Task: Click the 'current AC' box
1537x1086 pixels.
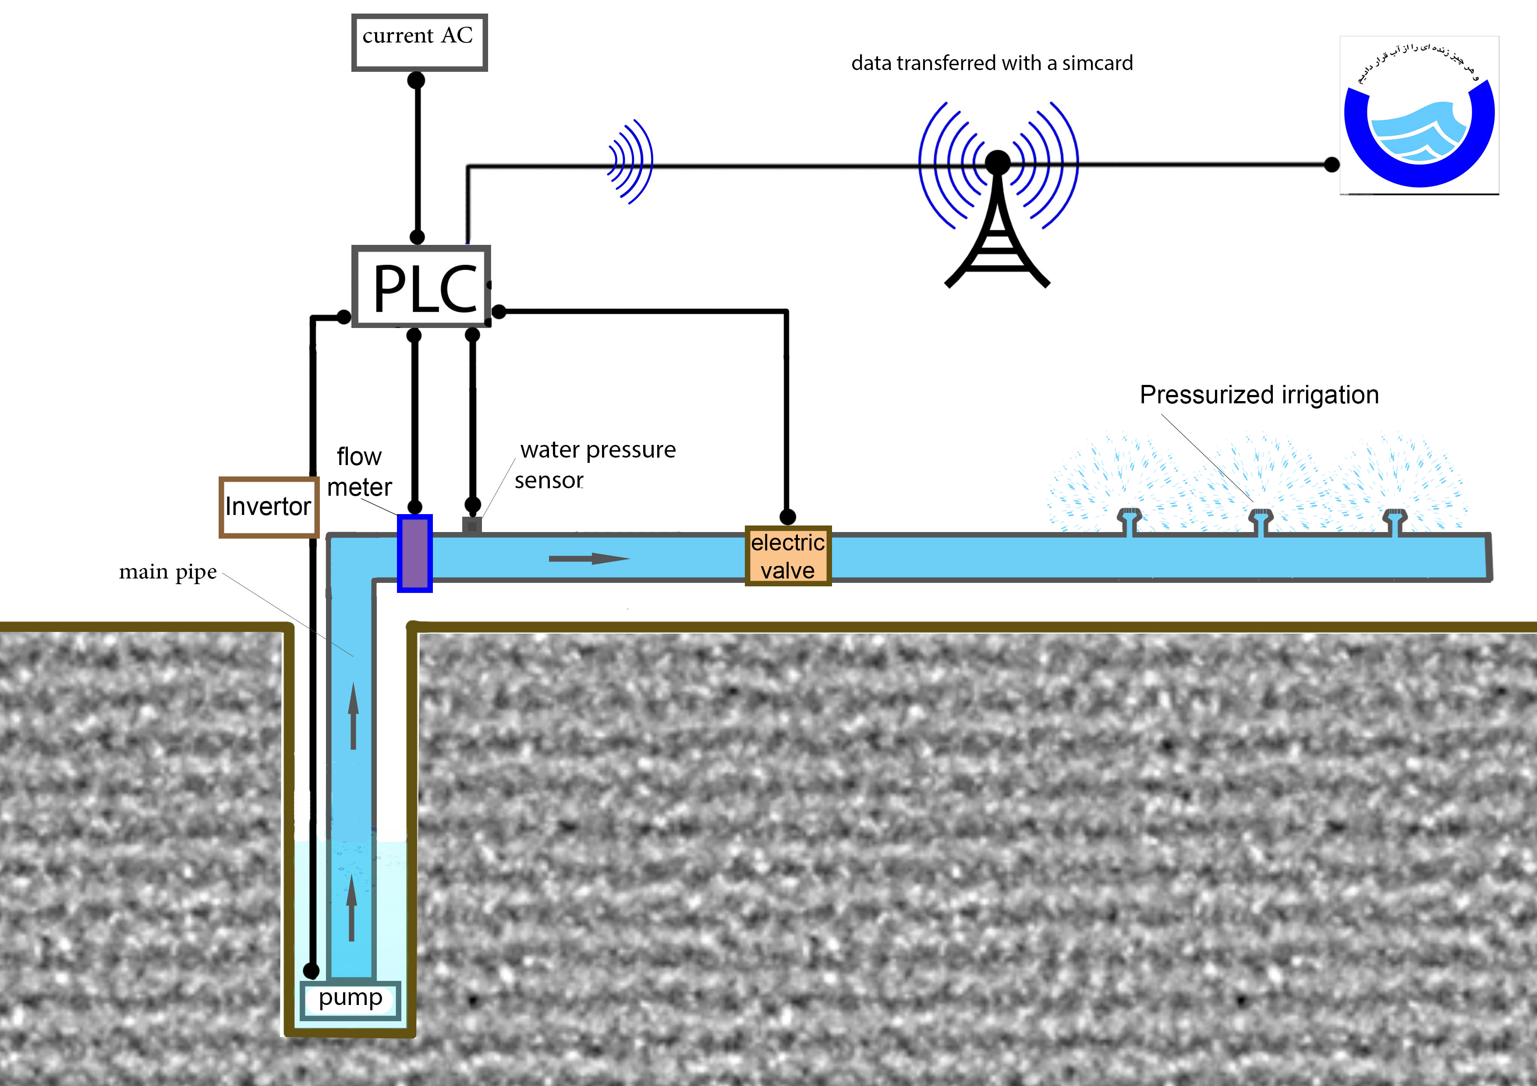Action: pos(419,42)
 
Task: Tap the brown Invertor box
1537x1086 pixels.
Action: pos(269,507)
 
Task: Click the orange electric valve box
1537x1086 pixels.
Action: pos(788,556)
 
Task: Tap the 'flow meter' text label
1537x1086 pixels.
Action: pos(359,472)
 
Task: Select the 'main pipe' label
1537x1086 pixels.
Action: pos(167,572)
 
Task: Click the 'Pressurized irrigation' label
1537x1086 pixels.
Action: pos(1258,395)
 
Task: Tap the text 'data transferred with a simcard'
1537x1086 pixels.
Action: pos(992,63)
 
